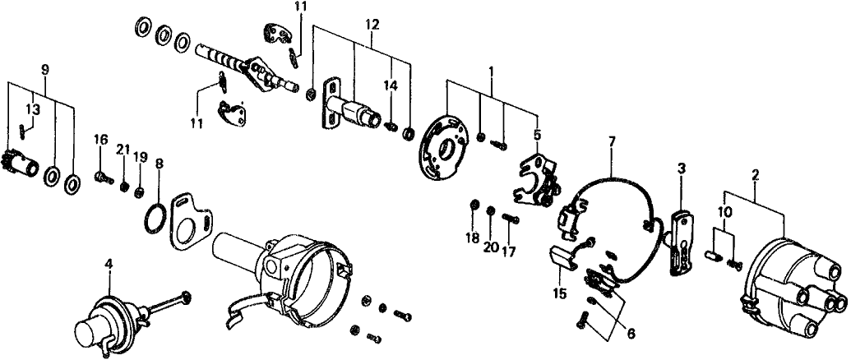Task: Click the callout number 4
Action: (107, 265)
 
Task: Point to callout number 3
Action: (682, 169)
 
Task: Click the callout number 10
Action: (723, 212)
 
